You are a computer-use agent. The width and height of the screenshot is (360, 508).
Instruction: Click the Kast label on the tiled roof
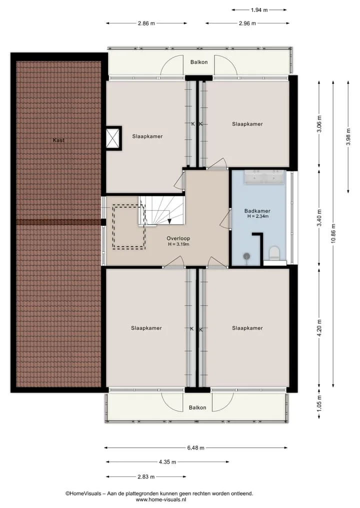pyautogui.click(x=58, y=140)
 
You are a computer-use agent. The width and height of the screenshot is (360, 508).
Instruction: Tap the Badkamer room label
pyautogui.click(x=257, y=211)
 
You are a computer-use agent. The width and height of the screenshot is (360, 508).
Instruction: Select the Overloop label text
pyautogui.click(x=178, y=238)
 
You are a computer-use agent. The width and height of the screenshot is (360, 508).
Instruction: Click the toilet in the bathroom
pyautogui.click(x=274, y=253)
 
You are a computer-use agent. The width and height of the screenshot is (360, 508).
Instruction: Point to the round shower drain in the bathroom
pyautogui.click(x=247, y=256)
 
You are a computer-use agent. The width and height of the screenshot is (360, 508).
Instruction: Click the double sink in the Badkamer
pyautogui.click(x=264, y=177)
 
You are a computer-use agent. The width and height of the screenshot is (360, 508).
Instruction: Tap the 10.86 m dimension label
pyautogui.click(x=333, y=234)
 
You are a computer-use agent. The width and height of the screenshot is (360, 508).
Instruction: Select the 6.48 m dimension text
pyautogui.click(x=196, y=448)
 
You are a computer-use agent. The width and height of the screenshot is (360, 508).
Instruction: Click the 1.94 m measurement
pyautogui.click(x=259, y=10)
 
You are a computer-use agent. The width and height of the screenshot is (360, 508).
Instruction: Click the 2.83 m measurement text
pyautogui.click(x=146, y=477)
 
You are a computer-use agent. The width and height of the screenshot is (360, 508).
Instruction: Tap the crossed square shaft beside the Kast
pyautogui.click(x=114, y=138)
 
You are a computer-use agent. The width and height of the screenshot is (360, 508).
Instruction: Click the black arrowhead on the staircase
pyautogui.click(x=169, y=221)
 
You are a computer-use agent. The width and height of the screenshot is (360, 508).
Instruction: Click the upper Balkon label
pyautogui.click(x=199, y=62)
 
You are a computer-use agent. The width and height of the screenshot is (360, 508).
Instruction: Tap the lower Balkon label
pyautogui.click(x=197, y=408)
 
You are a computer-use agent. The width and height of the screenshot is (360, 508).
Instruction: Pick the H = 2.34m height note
pyautogui.click(x=257, y=216)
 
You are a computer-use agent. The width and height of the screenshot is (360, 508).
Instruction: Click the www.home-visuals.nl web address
pyautogui.click(x=158, y=500)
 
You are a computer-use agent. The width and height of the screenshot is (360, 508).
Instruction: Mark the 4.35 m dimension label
pyautogui.click(x=167, y=462)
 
